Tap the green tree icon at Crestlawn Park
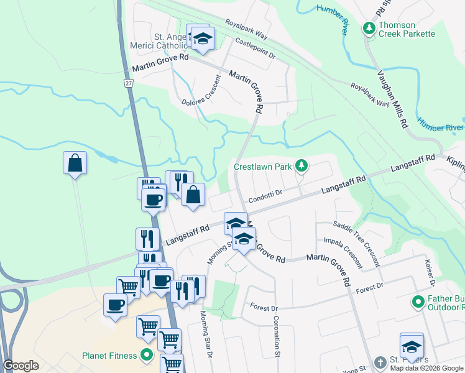coord(302,165)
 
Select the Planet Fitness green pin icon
coord(147,356)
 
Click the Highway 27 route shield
coord(129,83)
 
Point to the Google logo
coord(21,366)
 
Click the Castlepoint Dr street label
coord(255,48)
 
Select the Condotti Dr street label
coord(265,196)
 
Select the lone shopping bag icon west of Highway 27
coord(75,163)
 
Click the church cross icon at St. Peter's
coord(380,362)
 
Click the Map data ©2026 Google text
coord(426,368)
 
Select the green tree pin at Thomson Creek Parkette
coord(370,29)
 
